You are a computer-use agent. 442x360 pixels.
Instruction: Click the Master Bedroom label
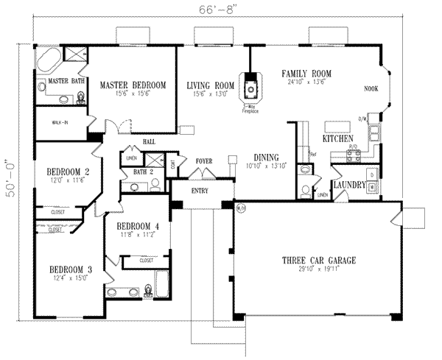(133, 84)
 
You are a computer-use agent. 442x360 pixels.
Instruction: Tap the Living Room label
(210, 85)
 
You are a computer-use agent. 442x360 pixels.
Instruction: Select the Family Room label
(306, 74)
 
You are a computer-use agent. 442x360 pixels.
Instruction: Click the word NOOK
(373, 89)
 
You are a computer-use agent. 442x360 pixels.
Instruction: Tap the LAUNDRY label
(348, 186)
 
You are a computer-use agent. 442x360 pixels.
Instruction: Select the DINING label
(265, 158)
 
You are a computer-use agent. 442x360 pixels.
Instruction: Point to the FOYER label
(204, 160)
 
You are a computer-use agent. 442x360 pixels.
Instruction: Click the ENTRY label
(199, 191)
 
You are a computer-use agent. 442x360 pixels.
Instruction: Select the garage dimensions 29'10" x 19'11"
(318, 270)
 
